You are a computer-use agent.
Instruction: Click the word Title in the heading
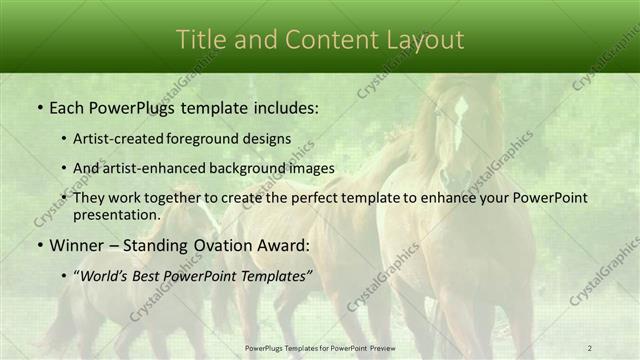(x=200, y=40)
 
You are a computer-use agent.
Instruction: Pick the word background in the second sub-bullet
(x=247, y=168)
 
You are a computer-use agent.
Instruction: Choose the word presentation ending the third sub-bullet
(x=116, y=215)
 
